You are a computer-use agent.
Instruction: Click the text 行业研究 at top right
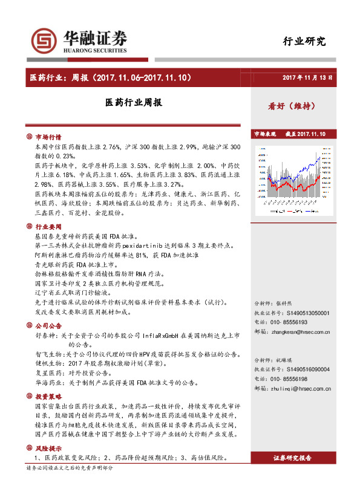304,42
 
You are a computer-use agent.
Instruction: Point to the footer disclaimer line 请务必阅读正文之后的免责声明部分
70,468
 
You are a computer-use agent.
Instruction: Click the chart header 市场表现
264,134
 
